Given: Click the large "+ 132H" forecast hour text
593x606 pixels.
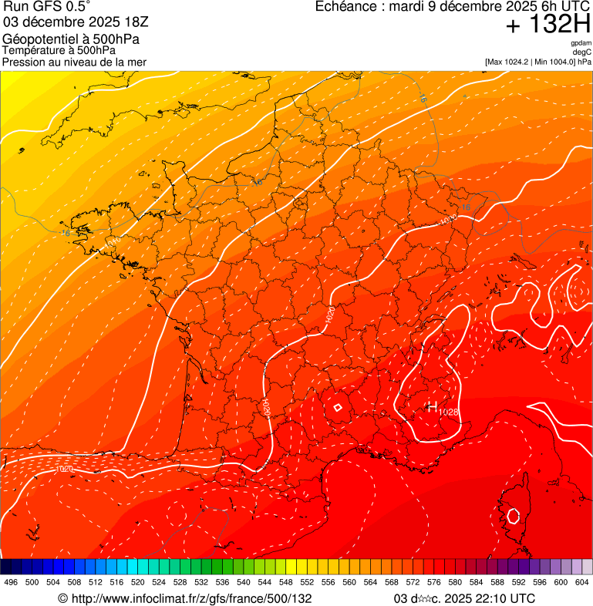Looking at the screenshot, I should [548, 25].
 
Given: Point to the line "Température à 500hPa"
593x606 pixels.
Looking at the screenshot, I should [59, 51].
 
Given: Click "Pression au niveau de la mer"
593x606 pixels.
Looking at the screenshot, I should [74, 62].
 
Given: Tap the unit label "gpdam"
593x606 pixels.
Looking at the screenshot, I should [581, 43].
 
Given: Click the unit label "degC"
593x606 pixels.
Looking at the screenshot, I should [582, 52].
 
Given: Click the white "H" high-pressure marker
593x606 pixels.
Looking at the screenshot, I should [432, 406].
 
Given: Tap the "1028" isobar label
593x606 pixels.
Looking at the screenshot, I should [449, 412].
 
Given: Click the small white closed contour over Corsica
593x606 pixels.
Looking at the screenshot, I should [513, 514].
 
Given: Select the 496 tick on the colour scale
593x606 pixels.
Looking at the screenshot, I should [11, 581].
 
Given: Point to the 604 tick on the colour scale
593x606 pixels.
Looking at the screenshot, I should [582, 581].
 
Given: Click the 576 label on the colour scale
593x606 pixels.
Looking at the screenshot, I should [434, 581].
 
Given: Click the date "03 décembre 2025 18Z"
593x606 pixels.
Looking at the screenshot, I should [76, 22].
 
